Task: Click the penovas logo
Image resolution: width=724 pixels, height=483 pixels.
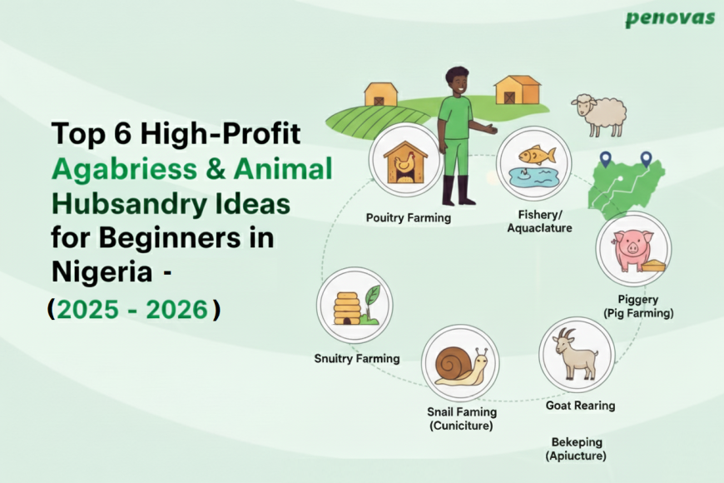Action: [670, 18]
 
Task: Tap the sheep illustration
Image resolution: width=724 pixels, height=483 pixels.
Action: [598, 114]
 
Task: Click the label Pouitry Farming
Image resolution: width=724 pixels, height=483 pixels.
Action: [408, 217]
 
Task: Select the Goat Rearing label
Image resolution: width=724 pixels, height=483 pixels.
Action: [580, 406]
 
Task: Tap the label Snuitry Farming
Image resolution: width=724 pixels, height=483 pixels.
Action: [357, 359]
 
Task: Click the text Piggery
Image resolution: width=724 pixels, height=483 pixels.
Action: [638, 299]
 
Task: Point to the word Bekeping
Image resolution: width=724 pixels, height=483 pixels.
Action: [576, 441]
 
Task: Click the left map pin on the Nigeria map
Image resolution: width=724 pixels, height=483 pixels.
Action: [605, 158]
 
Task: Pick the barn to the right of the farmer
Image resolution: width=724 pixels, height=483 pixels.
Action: [517, 90]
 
